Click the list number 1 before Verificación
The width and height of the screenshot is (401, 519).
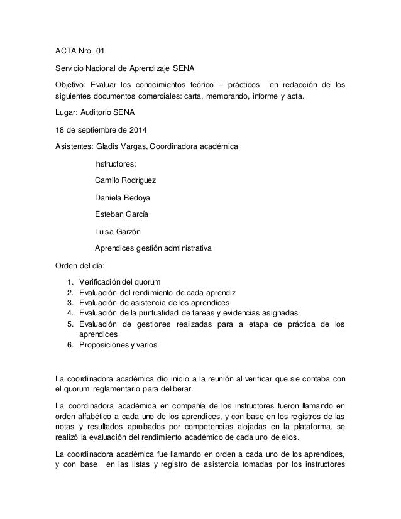pos(69,281)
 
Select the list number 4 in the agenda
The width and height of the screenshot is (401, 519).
pos(69,313)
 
